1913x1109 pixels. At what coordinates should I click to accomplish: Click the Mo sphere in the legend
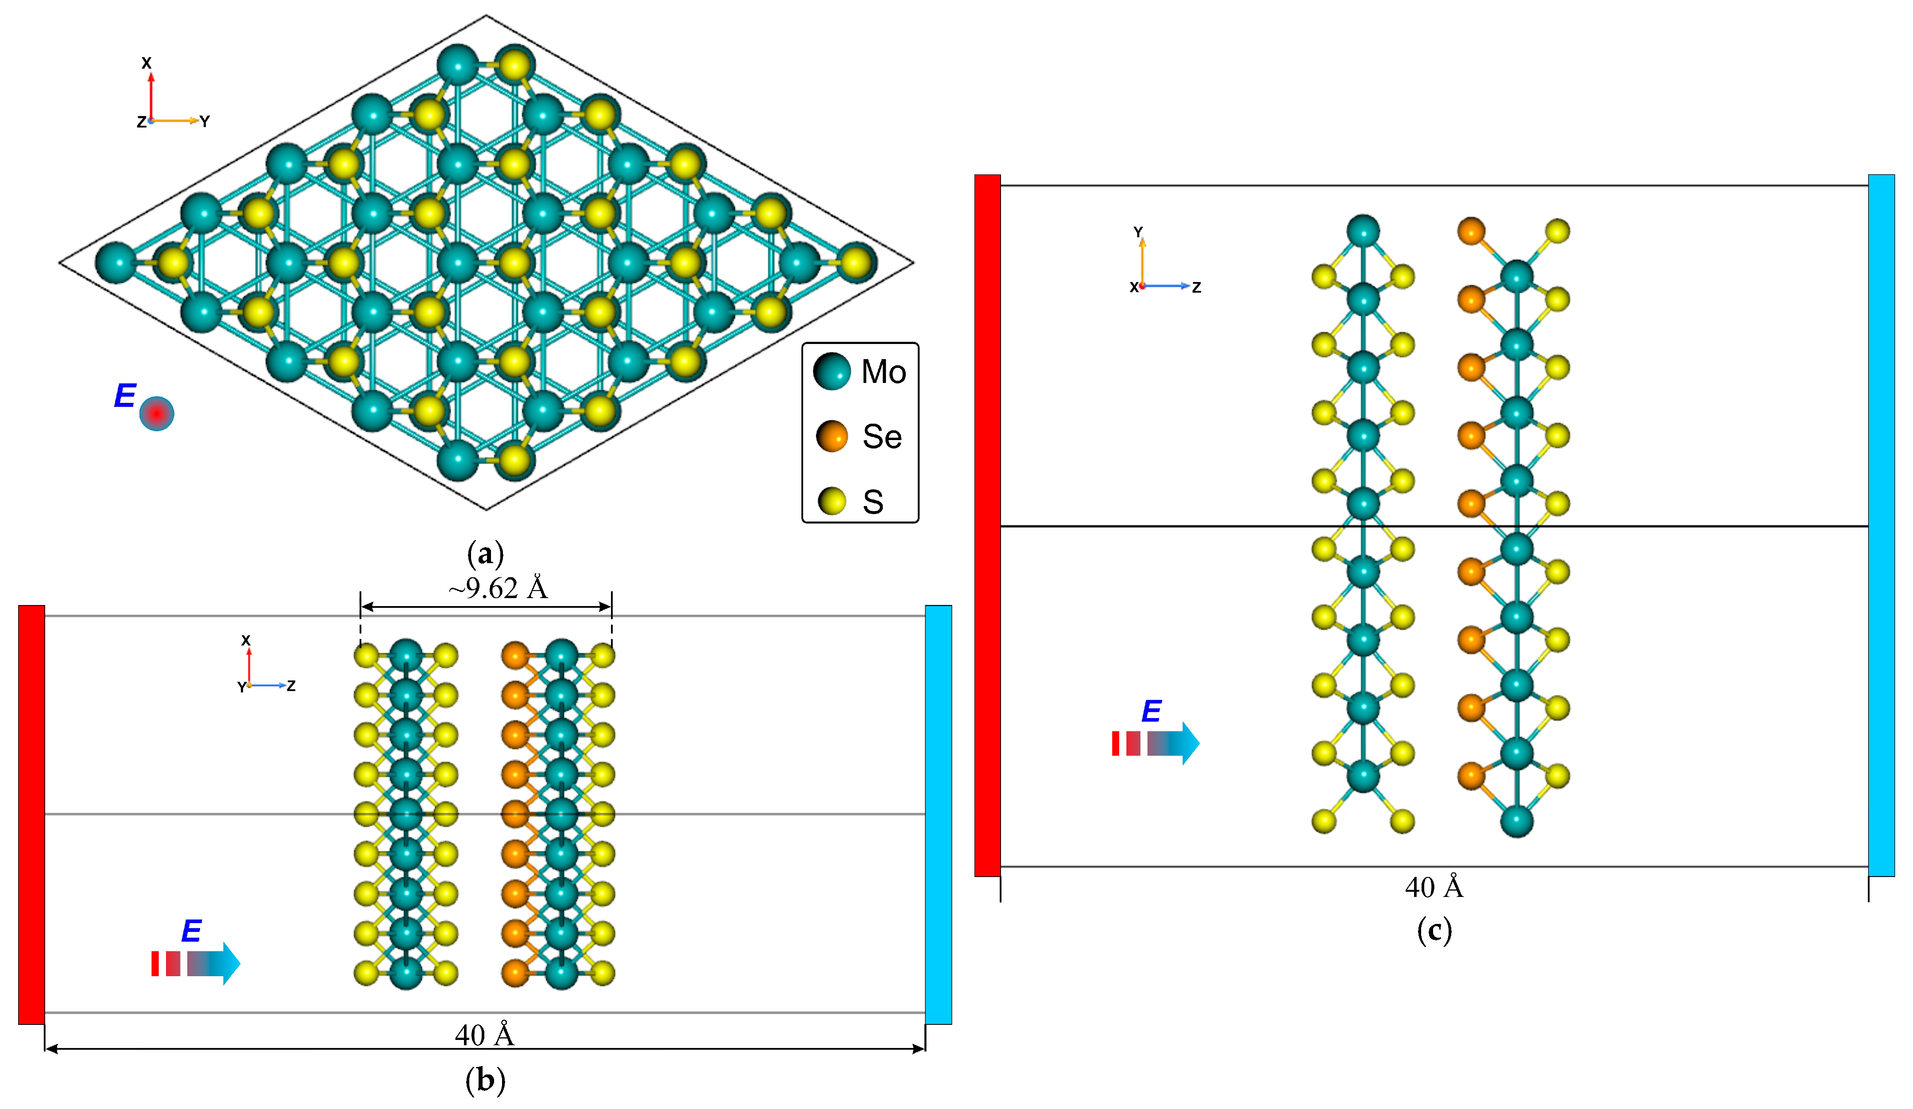(832, 371)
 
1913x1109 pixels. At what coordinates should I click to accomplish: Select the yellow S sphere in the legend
(832, 501)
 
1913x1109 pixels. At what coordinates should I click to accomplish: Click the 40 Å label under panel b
(484, 1035)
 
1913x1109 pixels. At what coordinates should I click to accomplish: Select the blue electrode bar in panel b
(938, 815)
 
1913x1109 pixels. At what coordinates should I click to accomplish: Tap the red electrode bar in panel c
(988, 525)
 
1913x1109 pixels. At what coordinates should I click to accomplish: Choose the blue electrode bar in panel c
(1881, 525)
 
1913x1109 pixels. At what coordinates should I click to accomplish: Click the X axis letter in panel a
(147, 63)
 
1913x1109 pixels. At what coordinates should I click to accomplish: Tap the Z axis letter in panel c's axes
(1196, 287)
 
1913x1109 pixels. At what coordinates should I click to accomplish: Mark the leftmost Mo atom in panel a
(116, 263)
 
